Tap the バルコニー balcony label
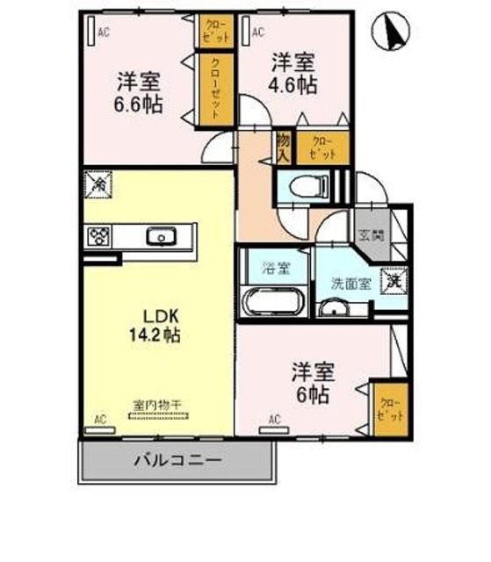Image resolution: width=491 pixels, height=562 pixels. pos(177,459)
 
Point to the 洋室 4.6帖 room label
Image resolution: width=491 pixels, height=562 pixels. pos(292,74)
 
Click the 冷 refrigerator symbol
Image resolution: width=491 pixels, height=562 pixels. pos(97,184)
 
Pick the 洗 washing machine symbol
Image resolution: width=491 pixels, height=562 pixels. pos(394,282)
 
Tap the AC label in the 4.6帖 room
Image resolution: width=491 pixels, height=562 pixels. pos(258,33)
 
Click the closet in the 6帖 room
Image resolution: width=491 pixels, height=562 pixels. pos(387,410)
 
